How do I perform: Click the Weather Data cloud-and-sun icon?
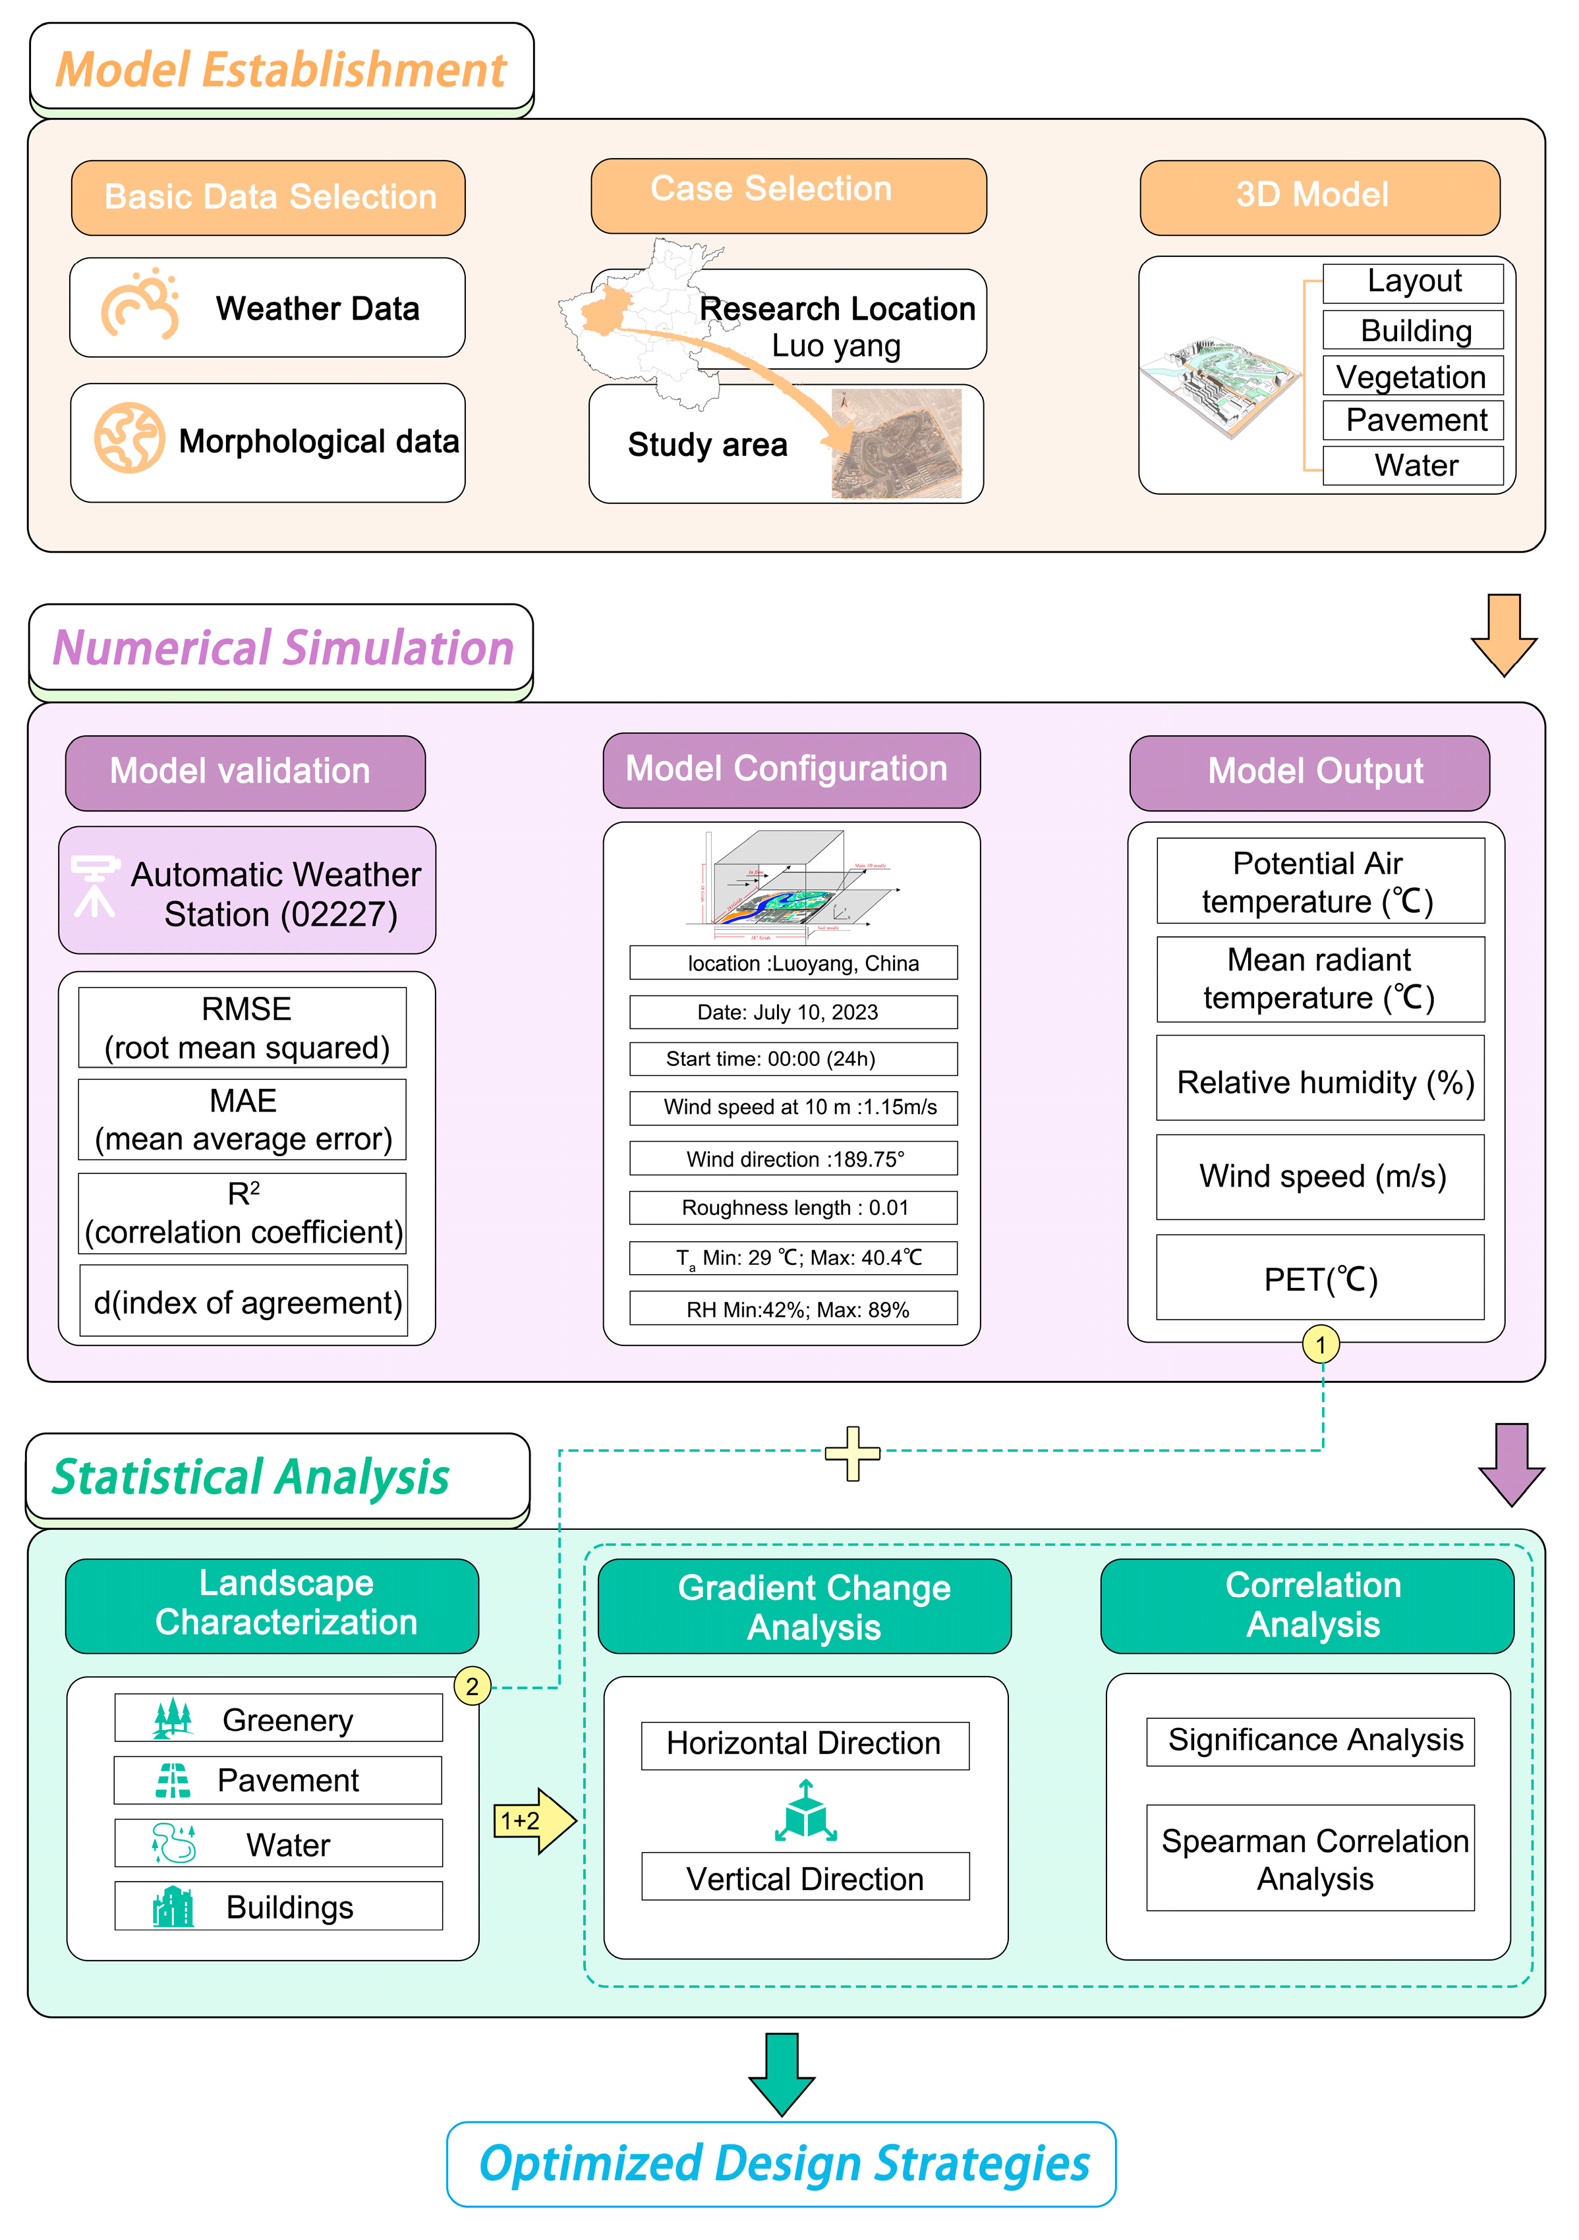[140, 306]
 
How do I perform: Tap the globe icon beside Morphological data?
[129, 438]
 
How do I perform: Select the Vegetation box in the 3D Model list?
[1412, 377]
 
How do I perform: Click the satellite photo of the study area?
[896, 444]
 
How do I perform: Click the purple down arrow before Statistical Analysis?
[1510, 1463]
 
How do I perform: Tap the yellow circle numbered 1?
[1321, 1345]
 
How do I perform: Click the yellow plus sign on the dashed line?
[852, 1453]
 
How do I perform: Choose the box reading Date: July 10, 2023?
[792, 1012]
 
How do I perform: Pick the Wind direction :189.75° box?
[792, 1158]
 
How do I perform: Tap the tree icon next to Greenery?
[173, 1718]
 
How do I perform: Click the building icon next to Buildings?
[173, 1907]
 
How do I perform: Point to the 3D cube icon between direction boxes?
[805, 1812]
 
